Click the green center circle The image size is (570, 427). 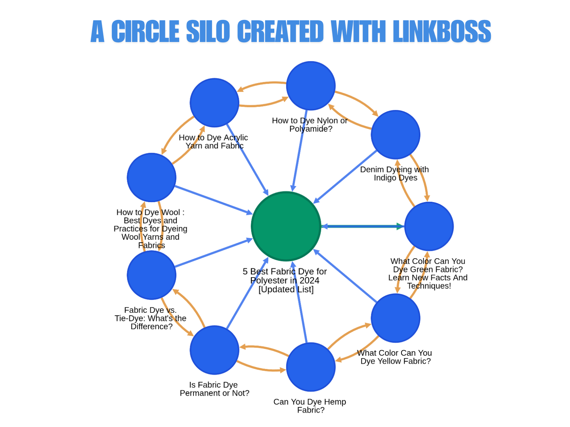click(286, 226)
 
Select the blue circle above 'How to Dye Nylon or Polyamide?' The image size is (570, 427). click(311, 86)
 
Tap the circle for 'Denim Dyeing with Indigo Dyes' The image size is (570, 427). click(395, 135)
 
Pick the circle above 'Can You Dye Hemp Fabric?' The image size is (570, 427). click(311, 367)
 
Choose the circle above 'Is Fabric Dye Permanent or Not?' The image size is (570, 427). click(214, 350)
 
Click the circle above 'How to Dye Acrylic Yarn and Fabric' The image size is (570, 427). click(214, 102)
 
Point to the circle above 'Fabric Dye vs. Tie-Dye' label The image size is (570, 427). click(151, 275)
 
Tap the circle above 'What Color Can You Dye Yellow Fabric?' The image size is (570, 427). click(395, 318)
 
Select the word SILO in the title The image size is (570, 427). click(208, 31)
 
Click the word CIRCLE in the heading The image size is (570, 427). click(145, 31)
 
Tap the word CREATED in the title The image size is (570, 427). click(280, 31)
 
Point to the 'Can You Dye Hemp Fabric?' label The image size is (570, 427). click(310, 406)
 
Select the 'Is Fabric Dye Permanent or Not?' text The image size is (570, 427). click(214, 389)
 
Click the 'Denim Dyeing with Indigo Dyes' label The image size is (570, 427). click(394, 174)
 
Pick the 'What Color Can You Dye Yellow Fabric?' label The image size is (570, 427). click(395, 357)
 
